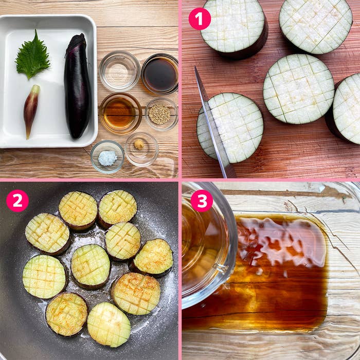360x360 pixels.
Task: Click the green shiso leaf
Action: tap(32, 56)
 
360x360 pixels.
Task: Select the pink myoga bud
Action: tap(31, 110)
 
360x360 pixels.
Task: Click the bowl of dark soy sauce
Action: tap(160, 74)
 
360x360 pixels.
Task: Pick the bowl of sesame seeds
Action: tap(161, 114)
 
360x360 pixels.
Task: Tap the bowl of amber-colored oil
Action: tap(120, 114)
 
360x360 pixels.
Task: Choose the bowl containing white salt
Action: tap(107, 156)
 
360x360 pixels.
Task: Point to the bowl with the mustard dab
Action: tap(141, 149)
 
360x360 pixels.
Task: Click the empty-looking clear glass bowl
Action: tap(120, 71)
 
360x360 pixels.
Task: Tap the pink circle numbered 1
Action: tap(200, 19)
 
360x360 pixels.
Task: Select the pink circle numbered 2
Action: tap(17, 201)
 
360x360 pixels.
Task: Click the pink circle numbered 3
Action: tap(202, 201)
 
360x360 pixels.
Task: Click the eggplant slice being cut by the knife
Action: tap(230, 128)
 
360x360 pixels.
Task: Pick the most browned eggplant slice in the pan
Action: tap(136, 294)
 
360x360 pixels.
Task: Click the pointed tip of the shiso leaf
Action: tap(36, 30)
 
